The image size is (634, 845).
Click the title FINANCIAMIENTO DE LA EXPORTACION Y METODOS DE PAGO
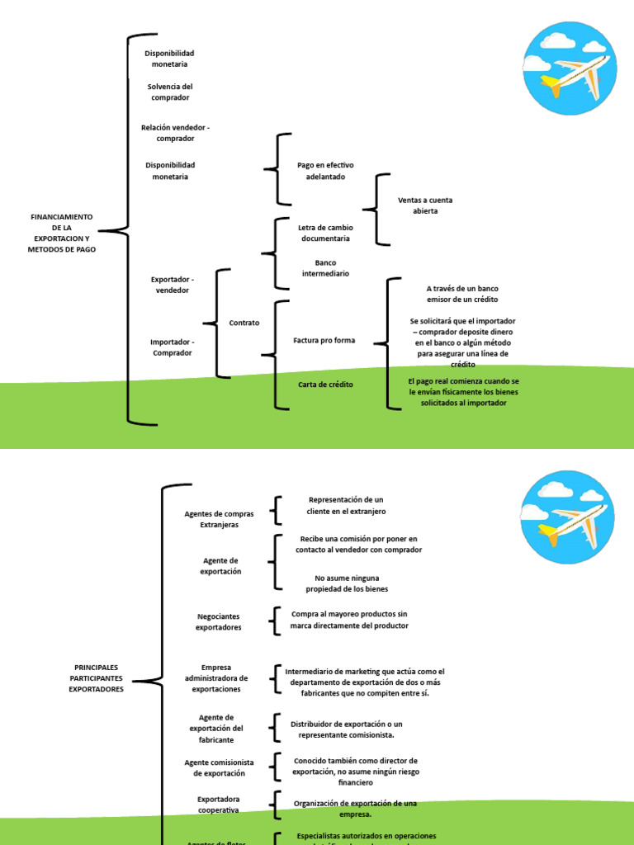click(62, 233)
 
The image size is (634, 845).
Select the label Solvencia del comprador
click(169, 92)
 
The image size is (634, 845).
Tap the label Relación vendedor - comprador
click(175, 133)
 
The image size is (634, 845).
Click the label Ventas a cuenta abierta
click(425, 205)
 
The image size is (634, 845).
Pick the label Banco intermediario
click(325, 268)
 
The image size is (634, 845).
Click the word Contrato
click(244, 323)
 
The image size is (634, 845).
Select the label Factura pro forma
click(324, 340)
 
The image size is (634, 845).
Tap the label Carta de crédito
click(325, 385)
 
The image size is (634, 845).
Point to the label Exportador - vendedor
click(173, 285)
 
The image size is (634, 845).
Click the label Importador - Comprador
click(173, 347)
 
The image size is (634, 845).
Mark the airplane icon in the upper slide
click(569, 69)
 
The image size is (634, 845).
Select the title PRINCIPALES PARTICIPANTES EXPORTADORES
click(96, 677)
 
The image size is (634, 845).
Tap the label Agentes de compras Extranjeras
click(219, 519)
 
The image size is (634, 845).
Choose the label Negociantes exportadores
click(219, 621)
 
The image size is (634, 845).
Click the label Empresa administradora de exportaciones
click(216, 677)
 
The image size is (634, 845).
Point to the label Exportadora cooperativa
click(219, 805)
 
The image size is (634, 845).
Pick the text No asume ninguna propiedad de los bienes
click(347, 583)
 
